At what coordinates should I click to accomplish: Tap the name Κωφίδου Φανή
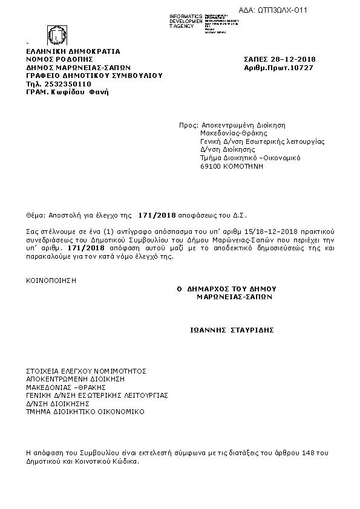(80, 92)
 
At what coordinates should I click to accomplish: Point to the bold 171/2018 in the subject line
(157, 215)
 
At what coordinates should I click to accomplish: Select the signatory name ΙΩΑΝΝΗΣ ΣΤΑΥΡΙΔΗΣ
(232, 330)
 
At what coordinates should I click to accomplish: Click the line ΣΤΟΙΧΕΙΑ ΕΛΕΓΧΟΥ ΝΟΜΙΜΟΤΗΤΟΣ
(87, 371)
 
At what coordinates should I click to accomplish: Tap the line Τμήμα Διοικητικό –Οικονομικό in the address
(250, 158)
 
